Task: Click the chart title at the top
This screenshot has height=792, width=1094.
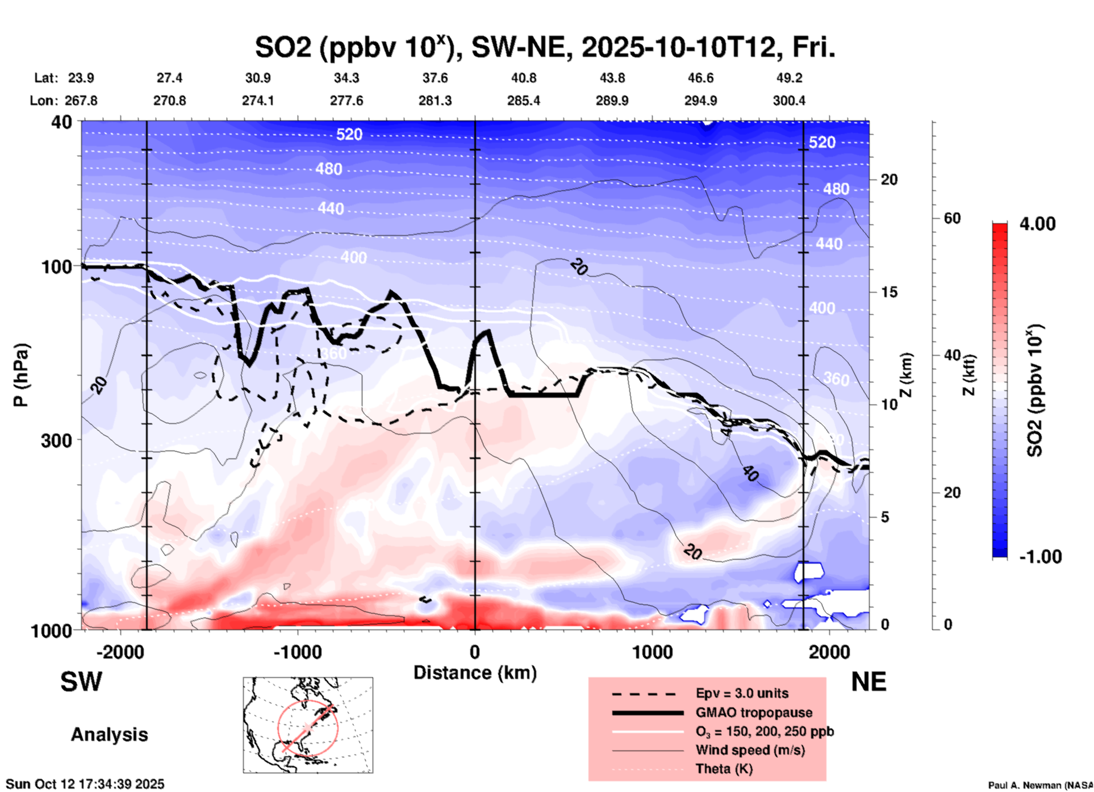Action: (545, 48)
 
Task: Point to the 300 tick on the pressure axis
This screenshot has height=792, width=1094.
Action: (57, 440)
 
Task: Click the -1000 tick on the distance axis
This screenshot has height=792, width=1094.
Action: (297, 652)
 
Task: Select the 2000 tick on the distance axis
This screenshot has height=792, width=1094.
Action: (829, 652)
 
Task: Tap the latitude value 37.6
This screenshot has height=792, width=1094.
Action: (435, 78)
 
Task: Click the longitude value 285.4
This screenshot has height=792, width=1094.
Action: (523, 101)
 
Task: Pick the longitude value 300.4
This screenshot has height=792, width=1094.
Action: (788, 101)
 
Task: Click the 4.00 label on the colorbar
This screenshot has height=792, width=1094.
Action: (1037, 224)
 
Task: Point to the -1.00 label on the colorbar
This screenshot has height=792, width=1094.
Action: (1039, 557)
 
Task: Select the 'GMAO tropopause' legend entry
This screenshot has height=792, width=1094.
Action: (754, 712)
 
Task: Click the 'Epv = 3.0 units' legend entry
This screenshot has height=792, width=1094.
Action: (742, 694)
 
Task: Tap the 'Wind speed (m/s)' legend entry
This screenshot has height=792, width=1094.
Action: (750, 750)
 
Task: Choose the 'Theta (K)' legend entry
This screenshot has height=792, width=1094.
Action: (724, 769)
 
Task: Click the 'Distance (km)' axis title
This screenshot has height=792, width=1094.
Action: (475, 673)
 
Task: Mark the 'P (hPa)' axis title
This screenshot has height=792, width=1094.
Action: (22, 375)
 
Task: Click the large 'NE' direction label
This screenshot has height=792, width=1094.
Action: (868, 682)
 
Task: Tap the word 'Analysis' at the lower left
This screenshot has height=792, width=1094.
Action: (109, 735)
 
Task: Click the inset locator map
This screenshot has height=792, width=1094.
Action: (308, 724)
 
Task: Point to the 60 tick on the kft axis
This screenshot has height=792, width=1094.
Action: (952, 218)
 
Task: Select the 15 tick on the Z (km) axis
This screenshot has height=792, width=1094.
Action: (889, 292)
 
